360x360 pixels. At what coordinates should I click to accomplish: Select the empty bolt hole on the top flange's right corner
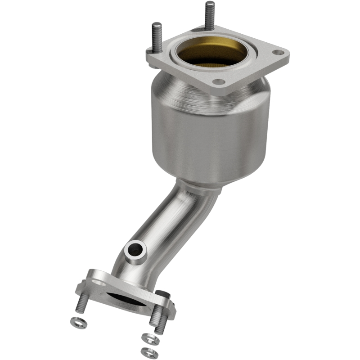click(x=279, y=53)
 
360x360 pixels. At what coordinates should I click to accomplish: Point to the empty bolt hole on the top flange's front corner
click(x=219, y=81)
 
